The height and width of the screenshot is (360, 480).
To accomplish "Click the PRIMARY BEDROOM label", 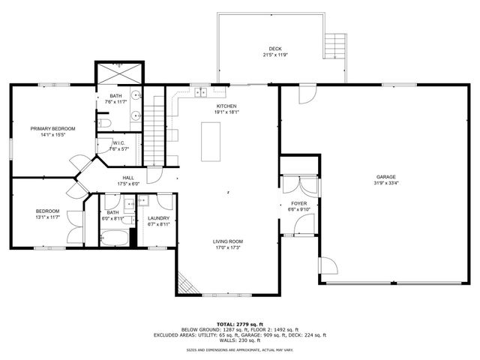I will click(52, 128).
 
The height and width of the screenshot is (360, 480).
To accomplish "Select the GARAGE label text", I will click(386, 177).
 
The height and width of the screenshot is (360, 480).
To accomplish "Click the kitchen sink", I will click(200, 93).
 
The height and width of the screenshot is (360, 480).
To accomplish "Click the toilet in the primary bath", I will click(105, 122).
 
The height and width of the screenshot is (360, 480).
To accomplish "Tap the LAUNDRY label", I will click(159, 217).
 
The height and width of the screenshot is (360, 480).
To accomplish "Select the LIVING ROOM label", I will click(227, 241).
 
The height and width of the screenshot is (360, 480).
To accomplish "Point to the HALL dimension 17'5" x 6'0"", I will click(129, 184).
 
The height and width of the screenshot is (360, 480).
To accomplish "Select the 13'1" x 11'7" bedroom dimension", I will click(47, 217).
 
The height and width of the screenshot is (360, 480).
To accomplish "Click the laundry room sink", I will click(143, 200).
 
